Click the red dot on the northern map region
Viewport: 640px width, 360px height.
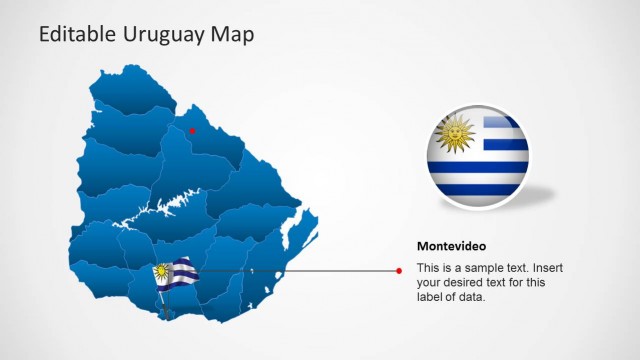(x=193, y=130)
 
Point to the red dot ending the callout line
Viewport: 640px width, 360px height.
(x=399, y=270)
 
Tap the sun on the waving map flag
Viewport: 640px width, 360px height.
(x=161, y=270)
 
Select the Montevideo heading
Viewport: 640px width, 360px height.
(x=451, y=246)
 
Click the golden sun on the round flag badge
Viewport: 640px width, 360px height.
(x=457, y=134)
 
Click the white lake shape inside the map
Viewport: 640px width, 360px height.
(x=160, y=208)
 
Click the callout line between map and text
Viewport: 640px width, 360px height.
(x=300, y=270)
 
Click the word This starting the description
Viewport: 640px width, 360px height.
(x=428, y=268)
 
